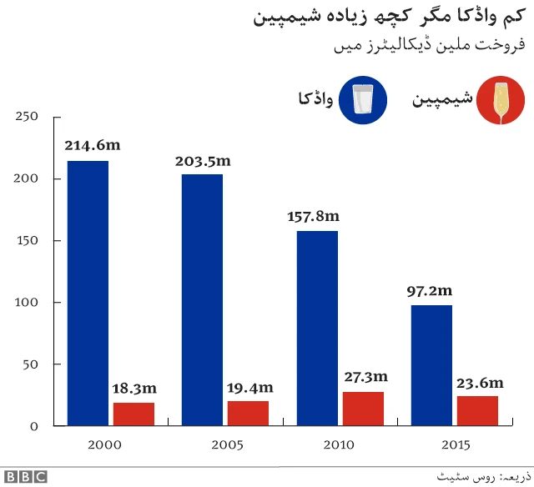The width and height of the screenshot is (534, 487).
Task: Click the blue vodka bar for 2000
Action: pyautogui.click(x=88, y=293)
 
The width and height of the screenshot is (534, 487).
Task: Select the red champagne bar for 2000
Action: pyautogui.click(x=133, y=414)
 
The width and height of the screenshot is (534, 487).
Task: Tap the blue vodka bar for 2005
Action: pyautogui.click(x=203, y=300)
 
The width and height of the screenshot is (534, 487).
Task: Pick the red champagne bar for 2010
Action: pyautogui.click(x=363, y=409)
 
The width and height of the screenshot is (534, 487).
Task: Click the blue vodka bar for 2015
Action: pyautogui.click(x=431, y=365)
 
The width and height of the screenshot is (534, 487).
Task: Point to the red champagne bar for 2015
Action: pyautogui.click(x=477, y=411)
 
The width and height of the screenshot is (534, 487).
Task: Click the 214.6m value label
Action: pyautogui.click(x=93, y=145)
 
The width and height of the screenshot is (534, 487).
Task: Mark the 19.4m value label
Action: pyautogui.click(x=249, y=387)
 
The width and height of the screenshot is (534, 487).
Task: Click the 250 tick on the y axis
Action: pyautogui.click(x=28, y=117)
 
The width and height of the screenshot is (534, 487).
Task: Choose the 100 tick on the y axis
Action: pyautogui.click(x=28, y=303)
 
